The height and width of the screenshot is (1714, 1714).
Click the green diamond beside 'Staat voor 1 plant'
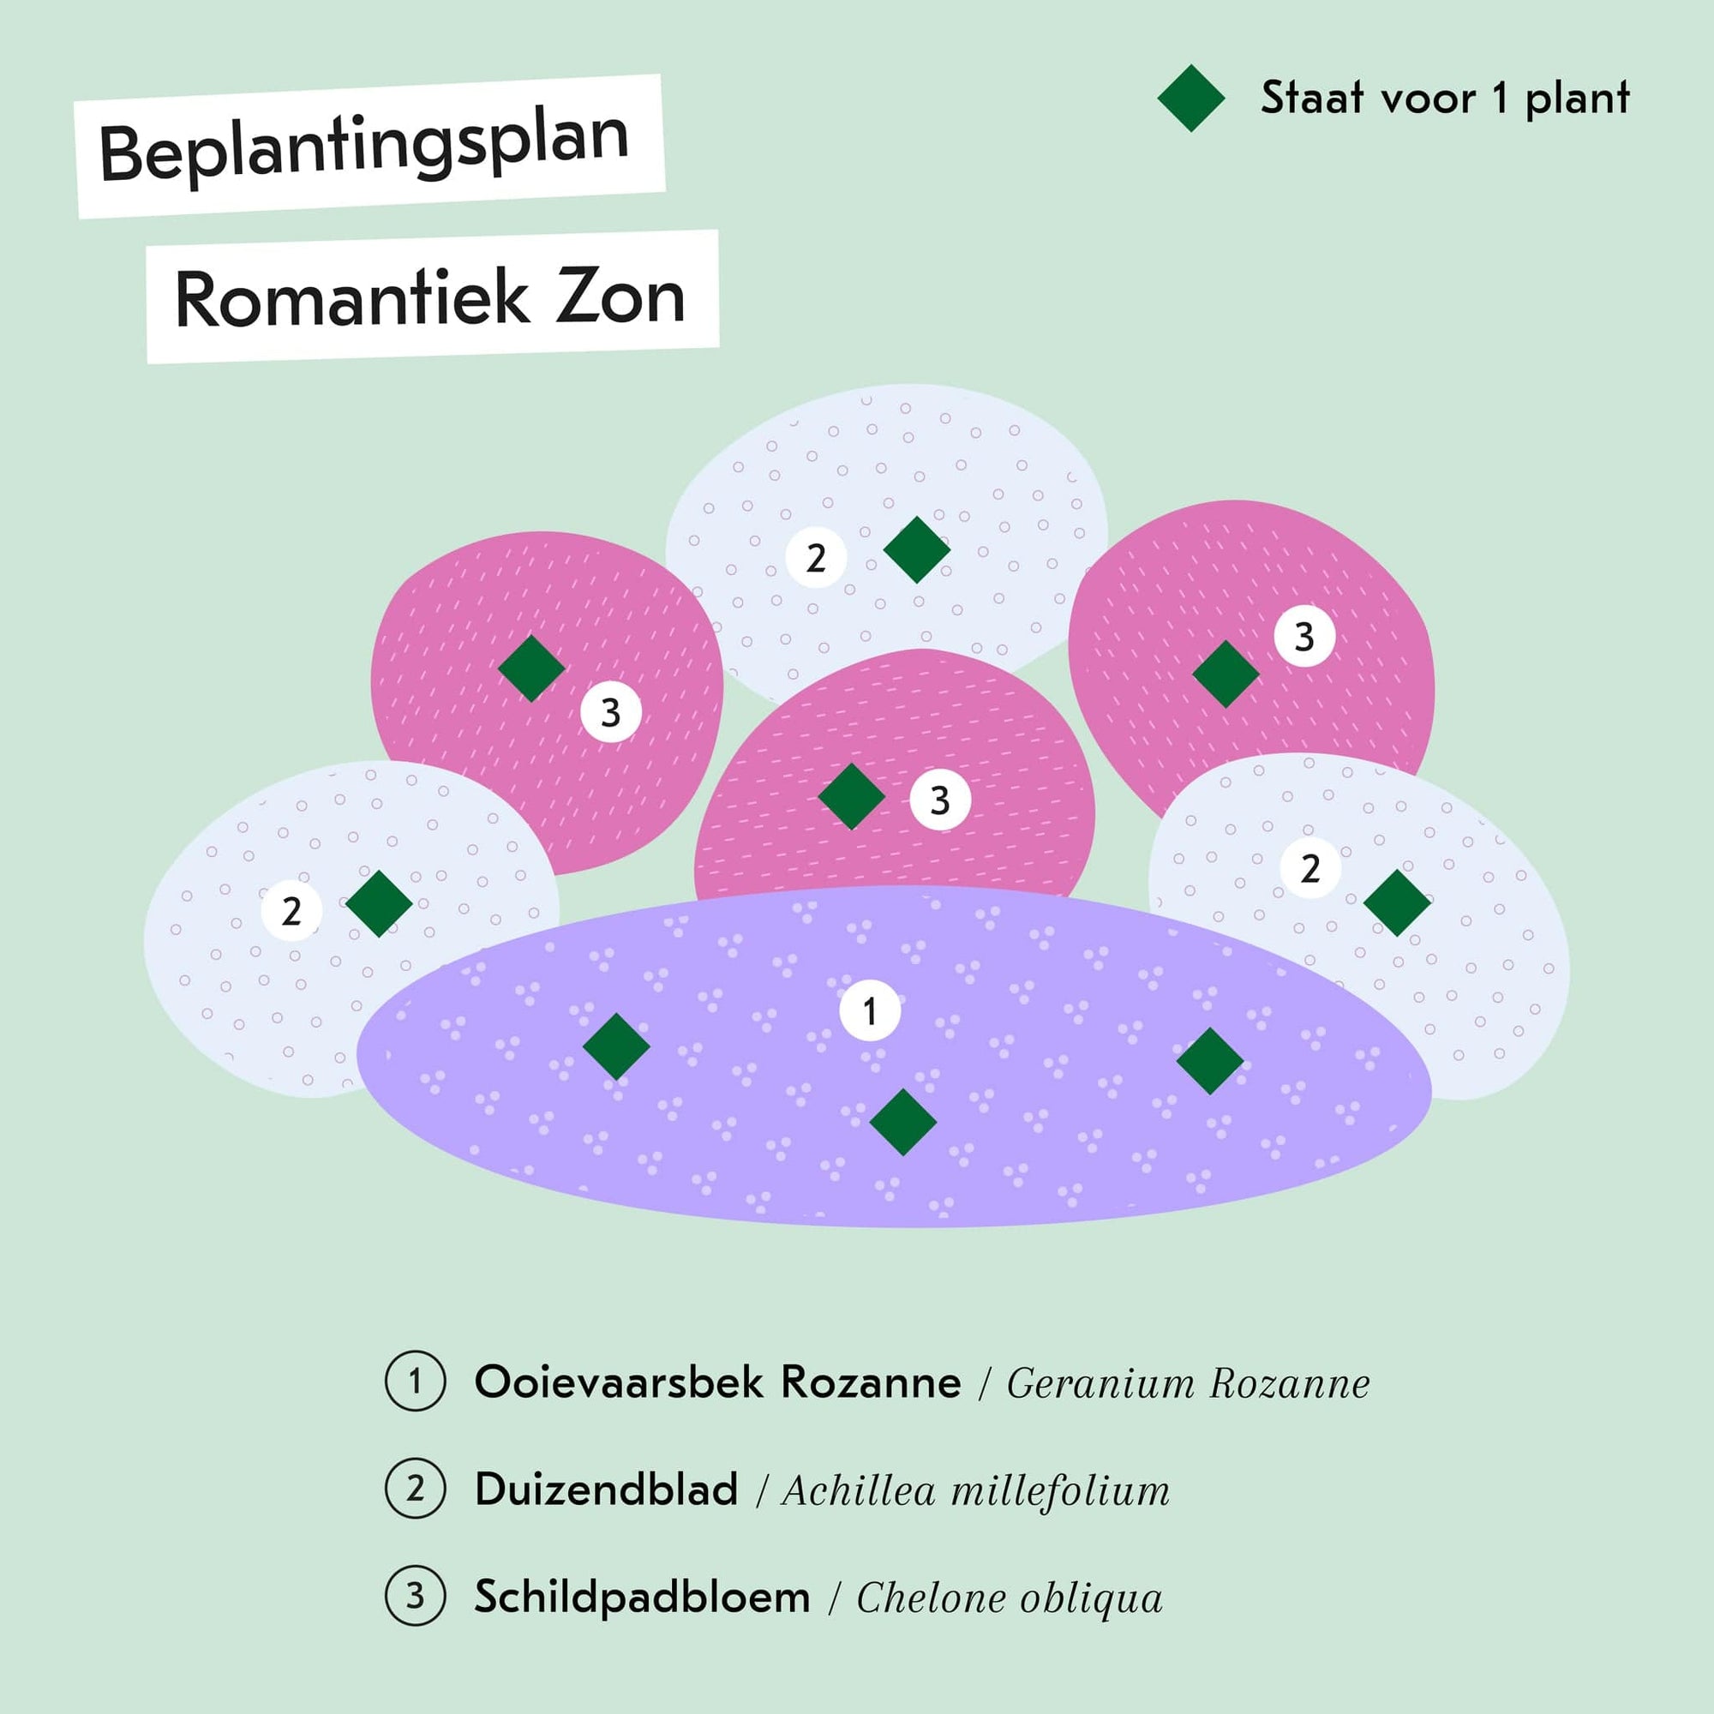pyautogui.click(x=1191, y=99)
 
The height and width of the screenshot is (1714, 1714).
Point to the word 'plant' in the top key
pyautogui.click(x=1578, y=99)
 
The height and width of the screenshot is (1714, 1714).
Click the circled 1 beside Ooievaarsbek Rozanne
pyautogui.click(x=415, y=1381)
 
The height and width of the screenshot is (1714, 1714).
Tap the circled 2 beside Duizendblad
pyautogui.click(x=415, y=1488)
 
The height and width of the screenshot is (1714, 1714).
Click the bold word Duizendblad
pyautogui.click(x=606, y=1489)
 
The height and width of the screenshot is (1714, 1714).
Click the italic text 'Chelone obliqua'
pyautogui.click(x=1009, y=1597)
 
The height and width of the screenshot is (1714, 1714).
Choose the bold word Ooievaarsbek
pyautogui.click(x=620, y=1382)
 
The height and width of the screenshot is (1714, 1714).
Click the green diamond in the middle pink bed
pyautogui.click(x=852, y=797)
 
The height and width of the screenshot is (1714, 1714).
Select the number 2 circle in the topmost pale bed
pyautogui.click(x=816, y=557)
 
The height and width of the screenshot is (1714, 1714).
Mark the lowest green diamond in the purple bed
pyautogui.click(x=903, y=1123)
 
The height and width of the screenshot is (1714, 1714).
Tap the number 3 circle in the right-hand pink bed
pyautogui.click(x=1304, y=636)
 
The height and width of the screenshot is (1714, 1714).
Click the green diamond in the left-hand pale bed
pyautogui.click(x=379, y=904)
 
